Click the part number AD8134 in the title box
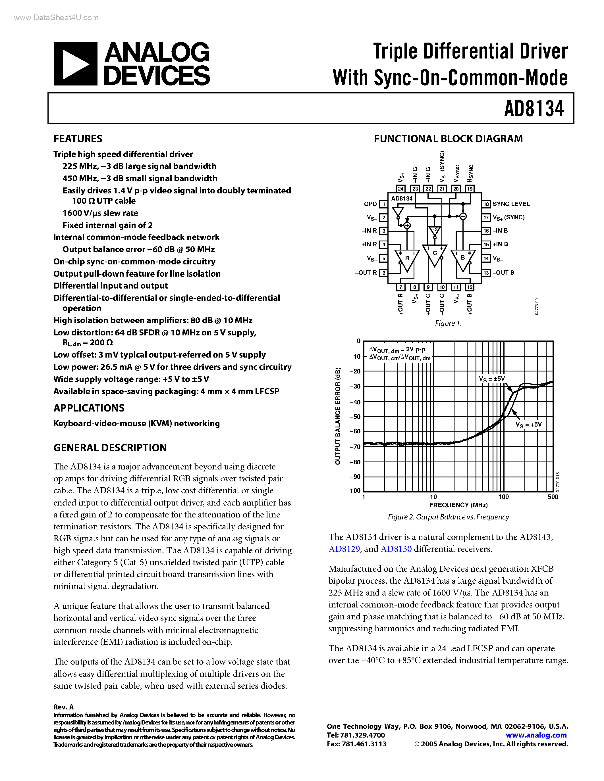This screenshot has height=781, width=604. (x=534, y=108)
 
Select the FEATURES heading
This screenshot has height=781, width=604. (x=78, y=139)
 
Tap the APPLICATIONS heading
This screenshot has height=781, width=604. (x=89, y=408)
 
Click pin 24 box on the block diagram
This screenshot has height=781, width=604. (x=401, y=189)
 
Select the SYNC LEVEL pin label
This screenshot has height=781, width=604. (x=511, y=204)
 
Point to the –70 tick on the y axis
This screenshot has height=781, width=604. (x=355, y=447)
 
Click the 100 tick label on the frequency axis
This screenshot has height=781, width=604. (x=503, y=497)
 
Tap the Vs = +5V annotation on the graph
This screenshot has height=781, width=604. (x=528, y=425)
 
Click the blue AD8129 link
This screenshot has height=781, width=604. (x=344, y=549)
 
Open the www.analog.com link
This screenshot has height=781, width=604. (x=536, y=735)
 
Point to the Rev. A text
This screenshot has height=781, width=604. (x=64, y=707)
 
